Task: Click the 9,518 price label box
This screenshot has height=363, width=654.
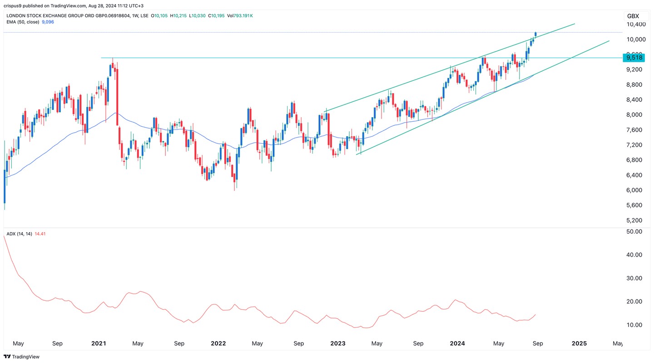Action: [x=634, y=57]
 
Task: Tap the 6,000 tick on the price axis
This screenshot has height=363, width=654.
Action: [x=634, y=190]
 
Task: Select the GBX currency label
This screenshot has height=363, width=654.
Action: [x=633, y=16]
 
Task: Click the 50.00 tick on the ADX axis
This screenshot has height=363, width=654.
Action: [x=634, y=232]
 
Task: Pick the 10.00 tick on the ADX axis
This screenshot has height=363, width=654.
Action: [x=634, y=325]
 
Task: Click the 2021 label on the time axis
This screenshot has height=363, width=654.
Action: [x=99, y=344]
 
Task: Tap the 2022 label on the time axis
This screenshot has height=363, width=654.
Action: [x=218, y=344]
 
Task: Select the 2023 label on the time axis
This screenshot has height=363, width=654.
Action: [x=338, y=344]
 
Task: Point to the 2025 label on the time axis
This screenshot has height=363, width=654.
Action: [x=579, y=344]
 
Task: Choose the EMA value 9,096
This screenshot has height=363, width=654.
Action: [x=47, y=22]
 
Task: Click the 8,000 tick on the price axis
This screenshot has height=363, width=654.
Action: [x=634, y=115]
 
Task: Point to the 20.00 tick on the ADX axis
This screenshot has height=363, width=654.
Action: [x=634, y=302]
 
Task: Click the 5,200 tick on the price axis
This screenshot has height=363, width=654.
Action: [x=634, y=220]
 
